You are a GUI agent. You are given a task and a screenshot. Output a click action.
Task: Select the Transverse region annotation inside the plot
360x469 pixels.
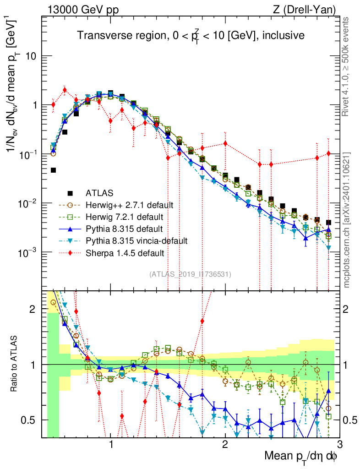tap(191, 35)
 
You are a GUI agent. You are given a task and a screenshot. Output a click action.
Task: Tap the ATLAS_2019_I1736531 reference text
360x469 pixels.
tap(190, 274)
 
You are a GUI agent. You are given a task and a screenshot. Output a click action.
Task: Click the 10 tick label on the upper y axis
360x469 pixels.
tap(30, 56)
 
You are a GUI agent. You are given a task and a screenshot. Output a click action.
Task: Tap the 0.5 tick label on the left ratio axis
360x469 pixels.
tap(30, 420)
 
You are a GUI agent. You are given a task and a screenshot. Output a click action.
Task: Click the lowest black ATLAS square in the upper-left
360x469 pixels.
tap(53, 170)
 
